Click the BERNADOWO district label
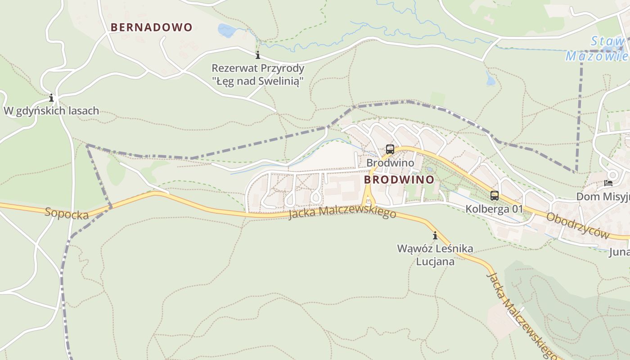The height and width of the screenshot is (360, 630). pyautogui.click(x=151, y=27)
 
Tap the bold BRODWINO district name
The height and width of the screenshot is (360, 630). pyautogui.click(x=399, y=180)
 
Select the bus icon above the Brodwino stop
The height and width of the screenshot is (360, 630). pyautogui.click(x=390, y=149)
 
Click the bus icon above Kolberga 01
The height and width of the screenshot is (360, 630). pyautogui.click(x=495, y=196)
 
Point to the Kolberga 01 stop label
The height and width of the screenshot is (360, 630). pyautogui.click(x=495, y=209)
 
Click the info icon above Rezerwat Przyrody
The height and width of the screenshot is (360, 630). pyautogui.click(x=258, y=55)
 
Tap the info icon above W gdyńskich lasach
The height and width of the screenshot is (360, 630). pyautogui.click(x=51, y=98)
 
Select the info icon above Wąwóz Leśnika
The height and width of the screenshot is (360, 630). pyautogui.click(x=435, y=235)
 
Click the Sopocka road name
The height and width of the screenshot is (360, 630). pyautogui.click(x=67, y=213)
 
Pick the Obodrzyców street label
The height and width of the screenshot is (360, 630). pyautogui.click(x=577, y=226)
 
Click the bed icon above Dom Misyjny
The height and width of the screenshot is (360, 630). pyautogui.click(x=608, y=183)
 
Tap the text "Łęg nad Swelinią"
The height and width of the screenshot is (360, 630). pyautogui.click(x=258, y=81)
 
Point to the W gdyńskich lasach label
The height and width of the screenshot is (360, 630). pyautogui.click(x=51, y=111)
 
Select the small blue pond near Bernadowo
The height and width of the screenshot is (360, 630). pyautogui.click(x=227, y=31)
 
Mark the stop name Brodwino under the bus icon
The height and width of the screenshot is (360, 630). pyautogui.click(x=390, y=162)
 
